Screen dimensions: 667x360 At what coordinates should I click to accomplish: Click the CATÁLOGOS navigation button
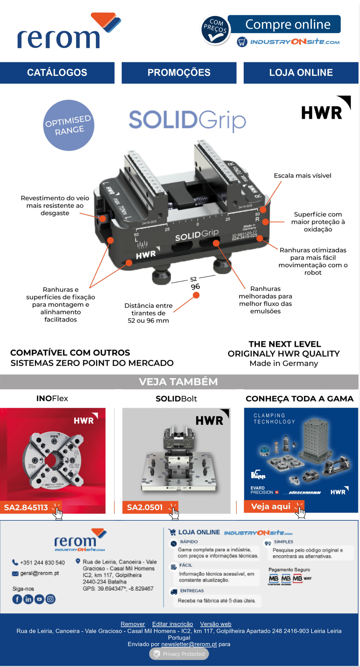click(57, 73)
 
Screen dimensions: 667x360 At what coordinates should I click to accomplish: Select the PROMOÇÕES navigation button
click(179, 73)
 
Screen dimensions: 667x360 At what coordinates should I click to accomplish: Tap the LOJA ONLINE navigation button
click(301, 73)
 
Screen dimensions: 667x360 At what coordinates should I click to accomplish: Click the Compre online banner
click(287, 24)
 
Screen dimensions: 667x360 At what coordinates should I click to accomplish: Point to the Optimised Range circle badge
click(69, 125)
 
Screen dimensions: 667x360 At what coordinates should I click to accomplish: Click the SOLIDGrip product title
click(187, 120)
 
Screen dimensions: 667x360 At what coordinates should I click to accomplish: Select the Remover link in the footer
click(133, 624)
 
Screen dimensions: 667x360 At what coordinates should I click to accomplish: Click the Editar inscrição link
click(173, 624)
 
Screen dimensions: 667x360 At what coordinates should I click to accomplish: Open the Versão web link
click(216, 624)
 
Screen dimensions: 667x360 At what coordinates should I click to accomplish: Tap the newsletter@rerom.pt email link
click(189, 644)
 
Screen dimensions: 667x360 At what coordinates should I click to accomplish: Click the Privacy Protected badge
click(179, 654)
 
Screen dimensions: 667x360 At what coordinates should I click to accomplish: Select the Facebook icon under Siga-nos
click(17, 599)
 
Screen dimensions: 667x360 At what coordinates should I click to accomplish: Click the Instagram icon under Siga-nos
click(51, 599)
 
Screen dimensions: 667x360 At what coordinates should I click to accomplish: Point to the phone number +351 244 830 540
click(42, 562)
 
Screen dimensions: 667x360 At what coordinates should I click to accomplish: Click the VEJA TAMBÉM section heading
click(178, 382)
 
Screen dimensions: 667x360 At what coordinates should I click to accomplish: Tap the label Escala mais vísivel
click(302, 176)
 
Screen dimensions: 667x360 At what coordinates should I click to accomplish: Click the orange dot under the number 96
click(196, 295)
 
